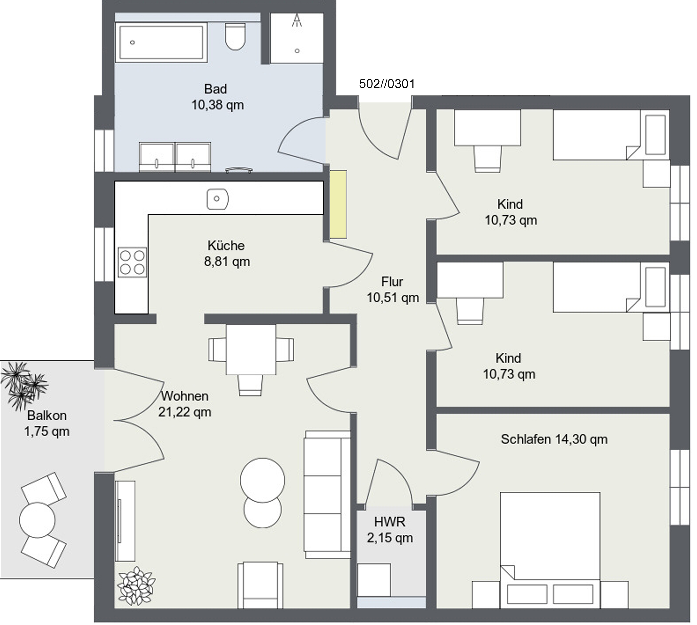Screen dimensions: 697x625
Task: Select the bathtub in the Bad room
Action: pyautogui.click(x=161, y=42)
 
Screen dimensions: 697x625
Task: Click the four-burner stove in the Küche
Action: pyautogui.click(x=132, y=262)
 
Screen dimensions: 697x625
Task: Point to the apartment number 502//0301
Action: pyautogui.click(x=387, y=84)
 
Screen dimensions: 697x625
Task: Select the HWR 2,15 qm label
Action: pyautogui.click(x=390, y=530)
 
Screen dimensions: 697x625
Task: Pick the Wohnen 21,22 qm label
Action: pyautogui.click(x=185, y=404)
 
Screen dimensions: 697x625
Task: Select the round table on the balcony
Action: pyautogui.click(x=37, y=520)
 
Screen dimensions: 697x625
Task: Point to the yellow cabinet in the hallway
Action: pyautogui.click(x=338, y=204)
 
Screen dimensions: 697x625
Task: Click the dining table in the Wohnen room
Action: pyautogui.click(x=251, y=349)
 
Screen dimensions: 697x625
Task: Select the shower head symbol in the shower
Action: pyautogui.click(x=297, y=21)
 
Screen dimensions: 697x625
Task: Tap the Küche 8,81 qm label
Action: pyautogui.click(x=227, y=253)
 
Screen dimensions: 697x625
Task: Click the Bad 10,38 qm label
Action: pyautogui.click(x=217, y=97)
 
